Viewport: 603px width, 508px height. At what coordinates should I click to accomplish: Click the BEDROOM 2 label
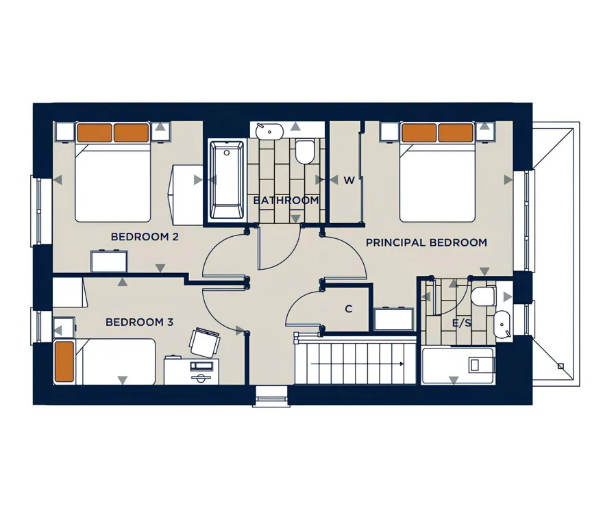coord(145,237)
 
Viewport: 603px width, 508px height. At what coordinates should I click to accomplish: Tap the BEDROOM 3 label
coord(139,322)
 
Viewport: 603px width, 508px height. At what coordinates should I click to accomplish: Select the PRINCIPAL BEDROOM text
coord(426,242)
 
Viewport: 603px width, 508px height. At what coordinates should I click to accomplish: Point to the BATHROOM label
coord(286,200)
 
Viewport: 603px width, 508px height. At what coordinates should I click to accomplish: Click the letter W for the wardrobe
coord(349,180)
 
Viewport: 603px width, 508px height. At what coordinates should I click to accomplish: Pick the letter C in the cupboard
coord(349,309)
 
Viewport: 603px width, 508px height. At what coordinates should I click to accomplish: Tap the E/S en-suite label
coord(461,323)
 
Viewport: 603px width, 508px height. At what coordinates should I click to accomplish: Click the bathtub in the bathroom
coord(227,181)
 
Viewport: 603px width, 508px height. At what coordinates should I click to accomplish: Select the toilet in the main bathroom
coord(305,151)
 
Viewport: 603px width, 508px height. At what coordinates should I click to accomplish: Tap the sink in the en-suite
coord(502,325)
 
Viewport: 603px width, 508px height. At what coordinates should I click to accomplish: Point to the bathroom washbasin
coord(269,131)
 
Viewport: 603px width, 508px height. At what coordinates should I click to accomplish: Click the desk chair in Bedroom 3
coord(205,342)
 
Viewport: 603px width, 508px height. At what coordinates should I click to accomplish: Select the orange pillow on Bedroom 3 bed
coord(64,361)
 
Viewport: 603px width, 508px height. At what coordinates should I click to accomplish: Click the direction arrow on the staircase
coord(357,364)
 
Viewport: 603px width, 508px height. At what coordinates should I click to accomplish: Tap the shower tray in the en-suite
coord(457,366)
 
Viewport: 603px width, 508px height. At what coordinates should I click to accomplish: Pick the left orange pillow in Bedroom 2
coord(95,132)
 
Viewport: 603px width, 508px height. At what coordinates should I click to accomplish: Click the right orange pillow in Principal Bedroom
coord(456,133)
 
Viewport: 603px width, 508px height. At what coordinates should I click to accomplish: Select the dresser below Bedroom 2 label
coord(109,262)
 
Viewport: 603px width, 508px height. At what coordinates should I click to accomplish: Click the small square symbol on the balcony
coord(561,366)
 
